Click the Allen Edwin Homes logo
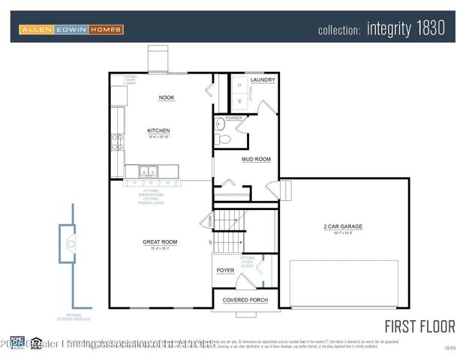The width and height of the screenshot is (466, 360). [x=71, y=29]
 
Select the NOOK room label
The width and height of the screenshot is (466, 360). [x=166, y=97]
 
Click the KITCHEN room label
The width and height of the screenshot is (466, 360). [x=158, y=130]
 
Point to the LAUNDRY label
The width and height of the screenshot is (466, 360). [x=263, y=79]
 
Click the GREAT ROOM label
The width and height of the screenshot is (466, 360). [x=160, y=242]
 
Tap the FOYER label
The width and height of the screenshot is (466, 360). [x=225, y=271]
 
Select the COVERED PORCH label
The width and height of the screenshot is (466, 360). [x=245, y=300]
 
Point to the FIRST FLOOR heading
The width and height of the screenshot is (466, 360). [x=419, y=326]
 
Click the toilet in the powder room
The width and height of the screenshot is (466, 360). [x=221, y=139]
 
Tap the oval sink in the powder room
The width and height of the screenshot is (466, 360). [x=220, y=125]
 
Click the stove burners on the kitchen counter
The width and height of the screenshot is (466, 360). [x=117, y=142]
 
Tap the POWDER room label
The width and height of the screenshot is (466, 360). [x=233, y=118]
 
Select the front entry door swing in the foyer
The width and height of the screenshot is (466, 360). [x=247, y=282]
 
